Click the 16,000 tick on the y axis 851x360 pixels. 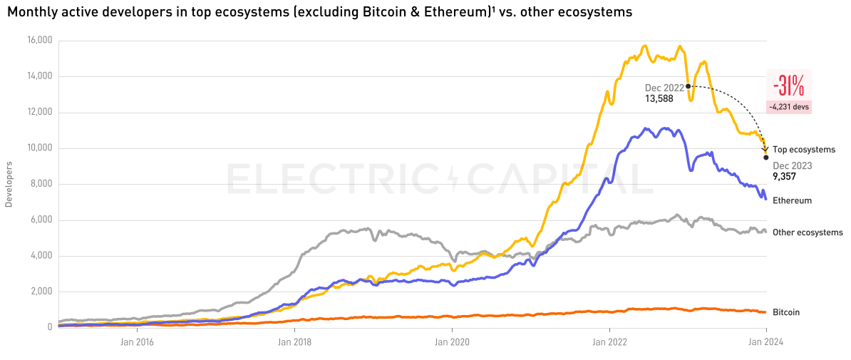click(x=40, y=41)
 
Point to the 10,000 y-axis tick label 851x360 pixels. click(x=40, y=148)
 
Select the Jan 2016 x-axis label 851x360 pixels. click(x=136, y=341)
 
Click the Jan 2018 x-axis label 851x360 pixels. click(x=294, y=341)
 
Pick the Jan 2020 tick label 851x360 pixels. click(x=453, y=341)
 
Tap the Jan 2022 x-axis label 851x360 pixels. click(x=609, y=341)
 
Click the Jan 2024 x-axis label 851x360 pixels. click(x=766, y=341)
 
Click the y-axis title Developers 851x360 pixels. click(x=9, y=184)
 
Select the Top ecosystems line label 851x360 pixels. click(x=803, y=150)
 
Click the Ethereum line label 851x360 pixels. click(x=792, y=201)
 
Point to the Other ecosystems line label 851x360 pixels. click(x=808, y=232)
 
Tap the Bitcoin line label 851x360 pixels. click(x=786, y=312)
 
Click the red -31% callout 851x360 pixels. click(x=788, y=86)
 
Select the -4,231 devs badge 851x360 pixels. click(x=788, y=107)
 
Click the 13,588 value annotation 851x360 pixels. click(x=659, y=99)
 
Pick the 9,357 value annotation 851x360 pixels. click(x=784, y=176)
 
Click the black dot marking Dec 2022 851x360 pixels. click(x=688, y=86)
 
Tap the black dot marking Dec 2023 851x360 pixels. click(x=766, y=158)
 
